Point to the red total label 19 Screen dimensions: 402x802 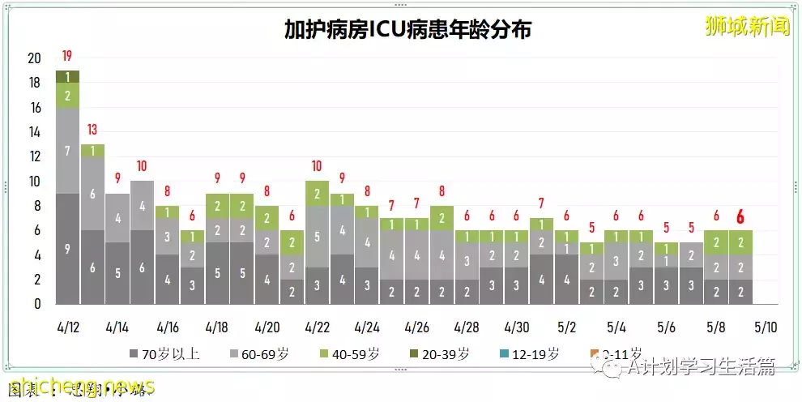[x=67, y=56]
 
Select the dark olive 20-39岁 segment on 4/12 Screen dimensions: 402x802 [x=67, y=76]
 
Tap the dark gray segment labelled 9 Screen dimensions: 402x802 [x=67, y=249]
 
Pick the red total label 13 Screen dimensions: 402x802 [x=92, y=130]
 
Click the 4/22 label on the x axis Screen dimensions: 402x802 [x=317, y=327]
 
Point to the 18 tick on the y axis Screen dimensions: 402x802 [x=35, y=83]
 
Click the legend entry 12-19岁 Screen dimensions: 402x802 [x=531, y=354]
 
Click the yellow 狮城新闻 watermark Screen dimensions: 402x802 [x=747, y=27]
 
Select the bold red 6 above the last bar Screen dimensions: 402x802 [x=740, y=216]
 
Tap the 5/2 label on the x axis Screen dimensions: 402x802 [x=567, y=327]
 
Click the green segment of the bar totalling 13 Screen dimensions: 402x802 [x=92, y=151]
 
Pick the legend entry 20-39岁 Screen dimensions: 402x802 [x=443, y=354]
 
